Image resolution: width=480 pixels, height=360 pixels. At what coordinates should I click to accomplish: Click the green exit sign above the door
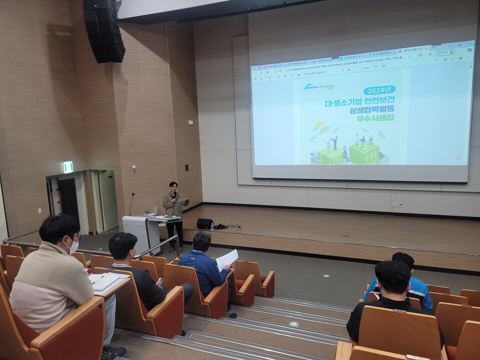(67, 167)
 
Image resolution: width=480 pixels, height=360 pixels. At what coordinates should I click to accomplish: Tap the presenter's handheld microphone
(174, 195)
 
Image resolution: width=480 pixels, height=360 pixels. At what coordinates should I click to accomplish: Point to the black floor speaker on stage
(204, 223)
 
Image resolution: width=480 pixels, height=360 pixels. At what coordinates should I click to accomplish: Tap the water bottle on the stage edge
(212, 226)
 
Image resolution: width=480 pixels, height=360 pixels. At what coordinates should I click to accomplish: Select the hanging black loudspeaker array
(103, 31)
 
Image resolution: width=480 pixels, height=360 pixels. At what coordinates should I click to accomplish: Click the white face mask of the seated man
(73, 245)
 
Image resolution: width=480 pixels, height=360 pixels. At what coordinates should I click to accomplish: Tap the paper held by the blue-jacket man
(227, 259)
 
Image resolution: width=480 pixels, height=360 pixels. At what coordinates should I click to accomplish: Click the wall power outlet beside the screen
(397, 204)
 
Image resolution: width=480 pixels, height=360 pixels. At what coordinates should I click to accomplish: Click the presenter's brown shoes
(173, 248)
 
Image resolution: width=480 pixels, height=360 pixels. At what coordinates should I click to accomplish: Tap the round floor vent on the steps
(294, 324)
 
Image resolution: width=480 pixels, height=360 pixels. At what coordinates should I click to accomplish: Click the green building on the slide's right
(364, 153)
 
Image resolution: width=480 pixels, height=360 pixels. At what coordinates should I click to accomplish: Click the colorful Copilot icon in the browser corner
(469, 50)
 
